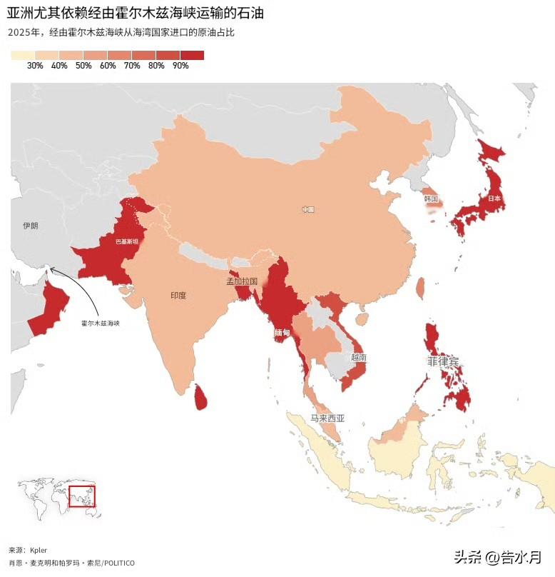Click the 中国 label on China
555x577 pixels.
click(x=307, y=209)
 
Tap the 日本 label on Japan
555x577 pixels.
click(x=494, y=198)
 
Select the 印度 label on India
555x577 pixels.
click(x=178, y=295)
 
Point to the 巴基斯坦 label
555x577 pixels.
click(x=128, y=242)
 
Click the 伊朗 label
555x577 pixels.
click(x=30, y=226)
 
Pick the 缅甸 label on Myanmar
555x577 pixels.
click(x=282, y=333)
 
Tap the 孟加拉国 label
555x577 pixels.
click(x=242, y=281)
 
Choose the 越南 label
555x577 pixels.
click(x=359, y=357)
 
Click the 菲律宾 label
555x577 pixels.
click(x=443, y=362)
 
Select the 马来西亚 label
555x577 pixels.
click(x=327, y=418)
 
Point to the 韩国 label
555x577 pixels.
click(x=430, y=199)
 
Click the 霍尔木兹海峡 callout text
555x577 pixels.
click(x=101, y=323)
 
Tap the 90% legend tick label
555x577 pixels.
click(x=180, y=66)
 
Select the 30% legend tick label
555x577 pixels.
click(x=35, y=66)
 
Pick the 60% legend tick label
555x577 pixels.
click(x=108, y=66)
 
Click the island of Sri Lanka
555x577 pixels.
click(x=201, y=397)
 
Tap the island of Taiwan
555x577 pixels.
click(x=419, y=288)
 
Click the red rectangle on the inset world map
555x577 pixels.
click(x=82, y=496)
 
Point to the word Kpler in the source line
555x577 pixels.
click(x=39, y=551)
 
